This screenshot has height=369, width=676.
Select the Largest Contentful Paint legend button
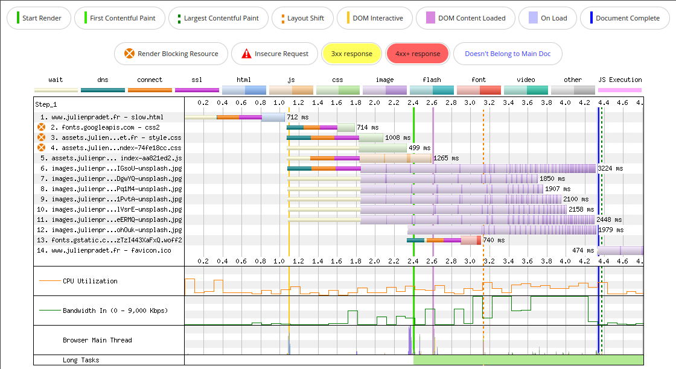(x=217, y=18)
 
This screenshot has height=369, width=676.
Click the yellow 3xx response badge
(x=351, y=54)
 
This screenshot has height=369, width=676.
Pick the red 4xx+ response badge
(x=418, y=54)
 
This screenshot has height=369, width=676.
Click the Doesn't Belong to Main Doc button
(x=508, y=54)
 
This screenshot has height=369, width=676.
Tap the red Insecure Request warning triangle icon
(x=246, y=54)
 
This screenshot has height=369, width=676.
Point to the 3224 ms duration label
(x=610, y=168)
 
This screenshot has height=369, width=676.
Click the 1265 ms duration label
(x=446, y=158)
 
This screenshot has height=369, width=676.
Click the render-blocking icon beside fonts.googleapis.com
(x=42, y=127)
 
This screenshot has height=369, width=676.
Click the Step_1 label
(x=46, y=104)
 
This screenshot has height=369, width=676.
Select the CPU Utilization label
(x=90, y=281)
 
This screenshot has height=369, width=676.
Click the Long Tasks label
(x=81, y=361)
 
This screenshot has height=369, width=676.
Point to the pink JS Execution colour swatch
(x=620, y=90)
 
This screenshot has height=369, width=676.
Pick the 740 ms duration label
(x=493, y=240)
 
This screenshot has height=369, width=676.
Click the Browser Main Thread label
(x=97, y=340)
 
